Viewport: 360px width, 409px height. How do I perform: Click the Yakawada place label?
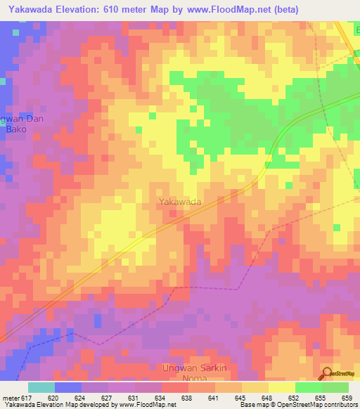pyautogui.click(x=180, y=202)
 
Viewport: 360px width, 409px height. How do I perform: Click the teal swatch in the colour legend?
pyautogui.click(x=41, y=387)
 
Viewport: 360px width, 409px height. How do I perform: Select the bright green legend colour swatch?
pyautogui.click(x=309, y=387)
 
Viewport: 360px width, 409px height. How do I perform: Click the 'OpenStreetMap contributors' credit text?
pyautogui.click(x=320, y=405)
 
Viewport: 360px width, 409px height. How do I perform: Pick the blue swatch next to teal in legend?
pyautogui.click(x=68, y=387)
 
